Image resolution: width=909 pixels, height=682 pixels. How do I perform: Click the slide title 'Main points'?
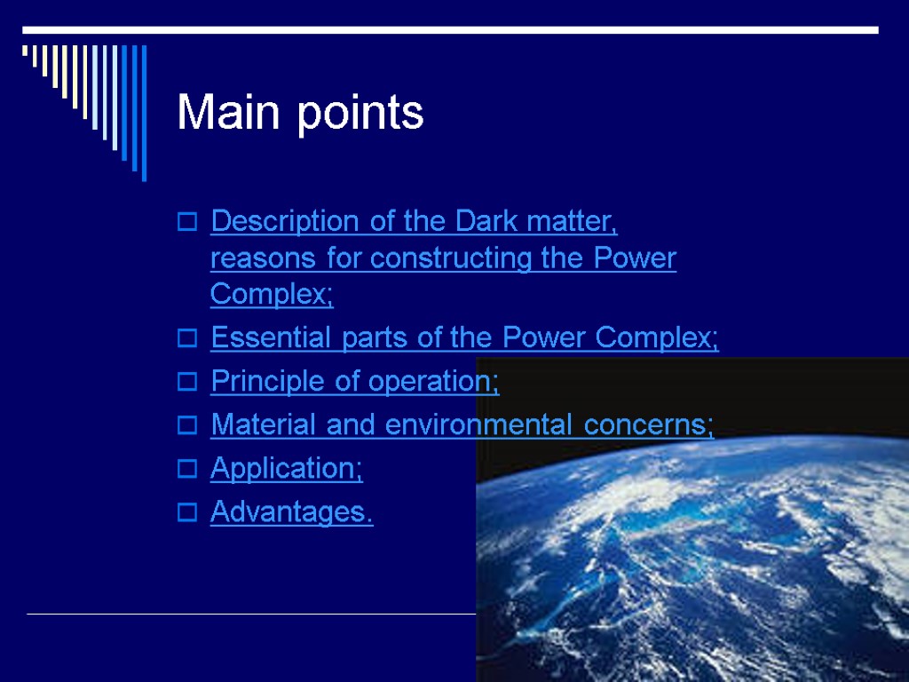pyautogui.click(x=300, y=114)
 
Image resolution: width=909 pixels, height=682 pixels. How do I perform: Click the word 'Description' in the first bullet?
pyautogui.click(x=287, y=221)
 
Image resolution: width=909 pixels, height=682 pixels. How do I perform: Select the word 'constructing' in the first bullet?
pyautogui.click(x=453, y=258)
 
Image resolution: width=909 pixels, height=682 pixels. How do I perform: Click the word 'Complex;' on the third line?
pyautogui.click(x=272, y=294)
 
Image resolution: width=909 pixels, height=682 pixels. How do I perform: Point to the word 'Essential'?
pyautogui.click(x=264, y=338)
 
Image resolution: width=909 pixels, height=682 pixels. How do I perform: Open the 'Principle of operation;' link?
pyautogui.click(x=354, y=382)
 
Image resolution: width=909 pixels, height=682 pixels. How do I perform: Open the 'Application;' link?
pyautogui.click(x=286, y=469)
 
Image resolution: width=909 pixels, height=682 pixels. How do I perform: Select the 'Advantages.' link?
pyautogui.click(x=291, y=512)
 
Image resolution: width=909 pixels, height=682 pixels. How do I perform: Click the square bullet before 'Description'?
pyautogui.click(x=186, y=223)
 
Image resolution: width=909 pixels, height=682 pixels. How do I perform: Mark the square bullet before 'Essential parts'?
pyautogui.click(x=186, y=339)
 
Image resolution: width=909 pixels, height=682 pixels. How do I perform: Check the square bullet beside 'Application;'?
pyautogui.click(x=186, y=470)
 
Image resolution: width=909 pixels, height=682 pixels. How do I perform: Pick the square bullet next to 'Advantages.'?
pyautogui.click(x=186, y=513)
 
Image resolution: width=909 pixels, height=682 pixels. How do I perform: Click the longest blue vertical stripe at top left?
pyautogui.click(x=144, y=111)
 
